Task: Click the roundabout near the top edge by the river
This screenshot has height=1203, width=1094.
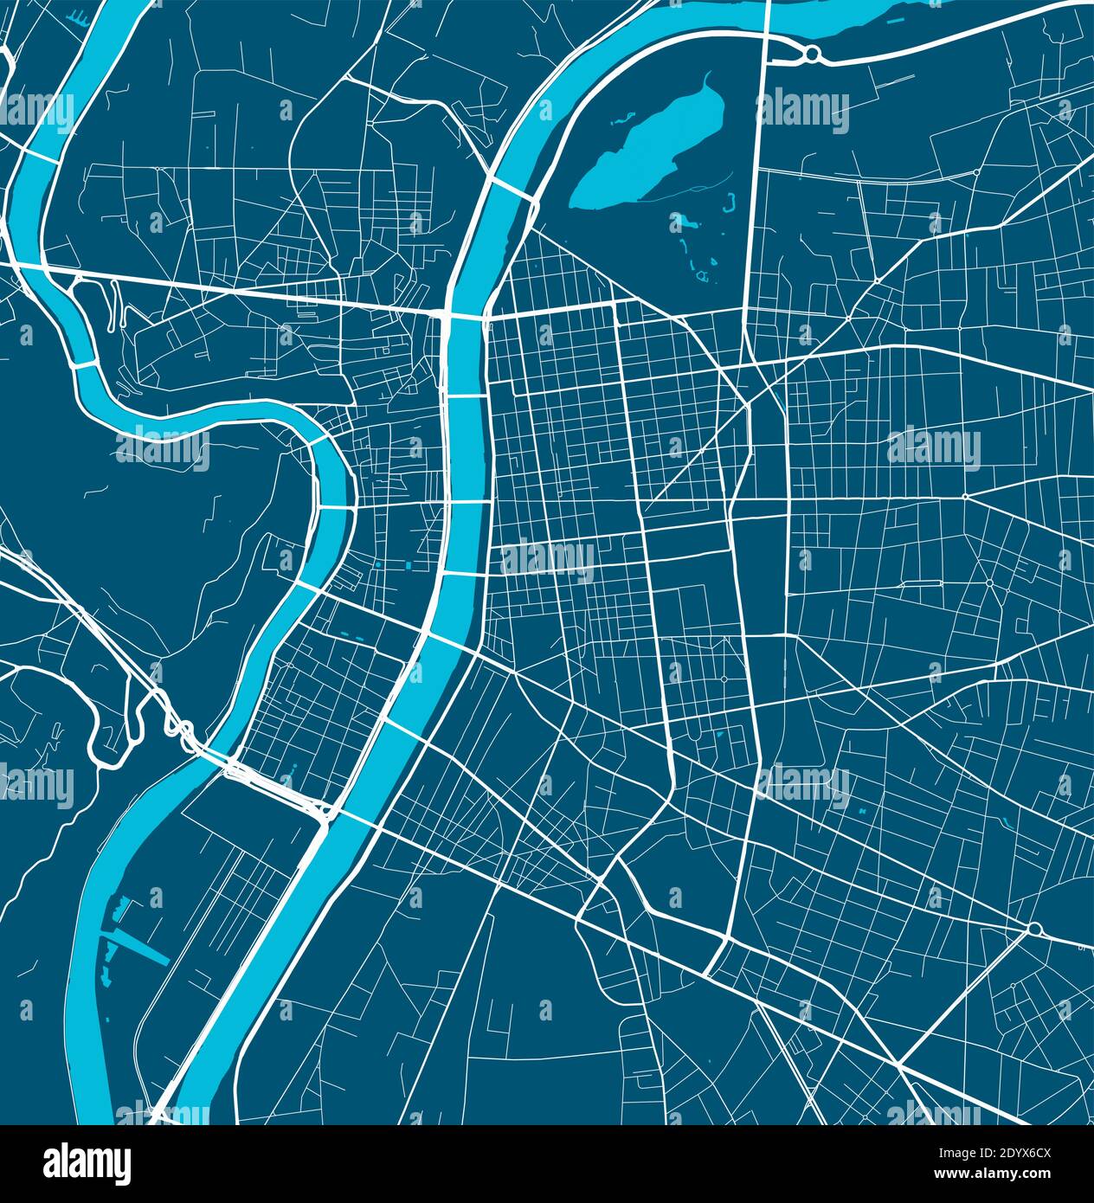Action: [x=811, y=55]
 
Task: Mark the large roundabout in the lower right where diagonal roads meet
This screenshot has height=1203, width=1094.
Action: [x=1034, y=929]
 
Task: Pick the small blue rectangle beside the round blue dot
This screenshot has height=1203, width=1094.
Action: [x=407, y=567]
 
